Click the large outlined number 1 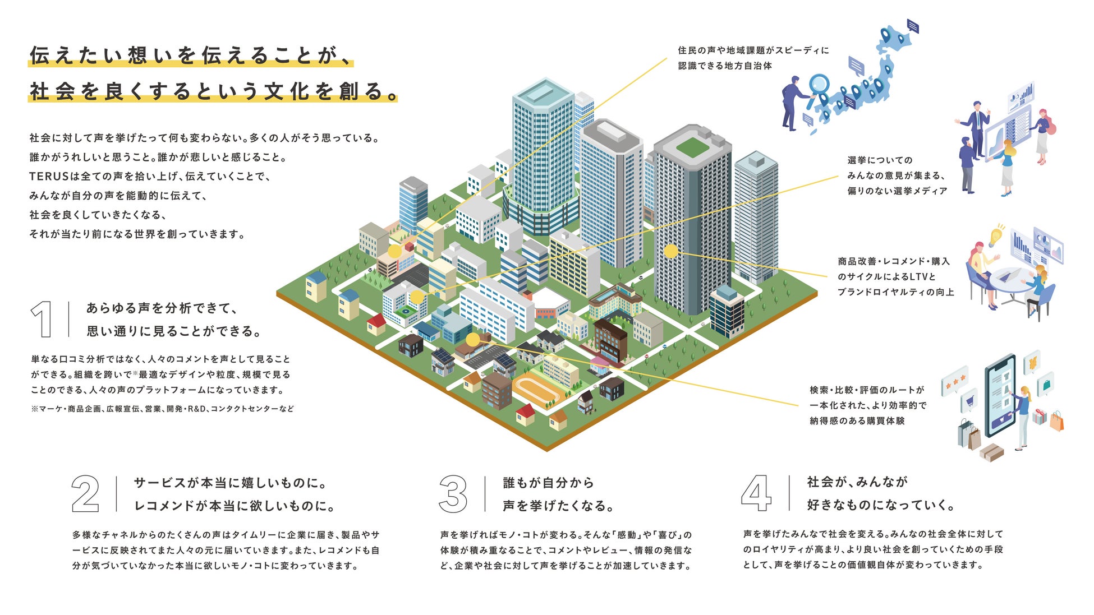pyautogui.click(x=43, y=319)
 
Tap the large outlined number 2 pyautogui.click(x=85, y=494)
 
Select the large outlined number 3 pyautogui.click(x=453, y=494)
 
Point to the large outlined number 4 pyautogui.click(x=756, y=493)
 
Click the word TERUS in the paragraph pyautogui.click(x=49, y=176)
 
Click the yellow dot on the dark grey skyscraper pyautogui.click(x=671, y=251)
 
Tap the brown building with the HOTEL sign pyautogui.click(x=610, y=339)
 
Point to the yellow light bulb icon pyautogui.click(x=996, y=236)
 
